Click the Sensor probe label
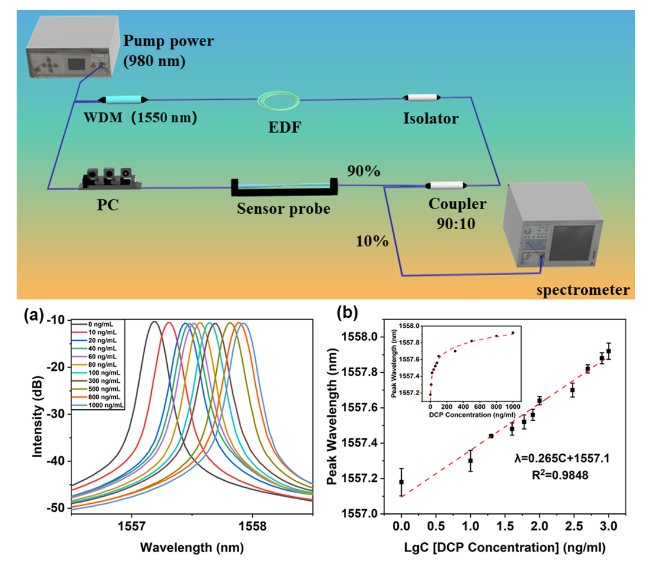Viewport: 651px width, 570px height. tap(284, 209)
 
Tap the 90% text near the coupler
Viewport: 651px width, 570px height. tap(363, 172)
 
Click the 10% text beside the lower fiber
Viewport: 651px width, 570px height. tap(372, 241)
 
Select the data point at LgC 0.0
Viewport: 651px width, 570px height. tap(402, 482)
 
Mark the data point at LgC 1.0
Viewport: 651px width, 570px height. tap(470, 460)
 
